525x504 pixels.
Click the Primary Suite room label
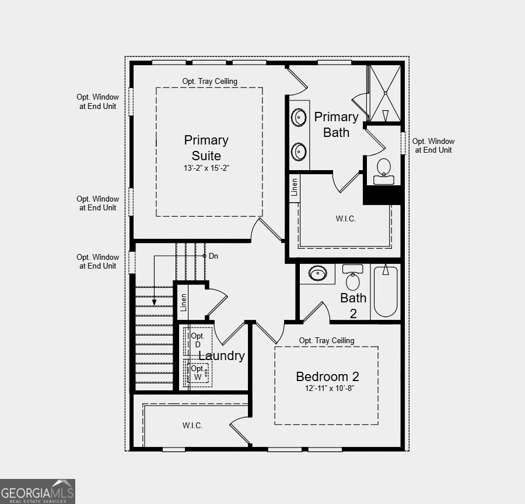206,148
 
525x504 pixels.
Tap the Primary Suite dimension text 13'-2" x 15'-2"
206,168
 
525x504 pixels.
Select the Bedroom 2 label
327,376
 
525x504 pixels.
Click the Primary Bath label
336,125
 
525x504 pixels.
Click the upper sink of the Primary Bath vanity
299,118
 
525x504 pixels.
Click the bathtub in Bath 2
385,291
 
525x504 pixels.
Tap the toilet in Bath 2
353,279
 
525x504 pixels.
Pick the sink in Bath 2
318,273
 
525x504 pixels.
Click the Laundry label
222,356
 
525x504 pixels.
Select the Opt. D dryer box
197,340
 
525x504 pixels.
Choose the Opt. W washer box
198,373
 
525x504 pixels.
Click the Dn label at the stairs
213,256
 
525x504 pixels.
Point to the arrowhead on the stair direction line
154,302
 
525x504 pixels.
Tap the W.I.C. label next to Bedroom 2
192,426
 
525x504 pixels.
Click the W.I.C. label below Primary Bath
345,219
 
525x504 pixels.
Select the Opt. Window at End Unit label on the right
433,146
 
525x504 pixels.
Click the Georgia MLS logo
38,491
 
